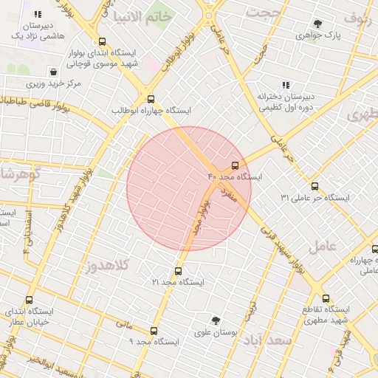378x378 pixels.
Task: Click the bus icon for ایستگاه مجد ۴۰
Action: [x=235, y=165]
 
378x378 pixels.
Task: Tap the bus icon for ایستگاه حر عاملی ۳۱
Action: [x=315, y=186]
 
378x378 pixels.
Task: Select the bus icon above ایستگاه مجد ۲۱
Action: [x=178, y=271]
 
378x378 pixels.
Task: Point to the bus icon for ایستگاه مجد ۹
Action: [x=154, y=331]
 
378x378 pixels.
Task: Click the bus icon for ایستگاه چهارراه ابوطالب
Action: [x=151, y=99]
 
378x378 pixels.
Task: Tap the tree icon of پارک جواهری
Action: [x=317, y=24]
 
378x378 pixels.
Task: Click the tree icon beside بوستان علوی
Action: [x=216, y=320]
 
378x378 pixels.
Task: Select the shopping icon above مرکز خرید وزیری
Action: [x=53, y=72]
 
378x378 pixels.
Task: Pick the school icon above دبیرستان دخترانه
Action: [x=286, y=86]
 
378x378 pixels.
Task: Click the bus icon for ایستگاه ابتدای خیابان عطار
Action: [x=30, y=300]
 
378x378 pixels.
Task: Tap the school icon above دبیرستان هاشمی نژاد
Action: [x=38, y=14]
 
